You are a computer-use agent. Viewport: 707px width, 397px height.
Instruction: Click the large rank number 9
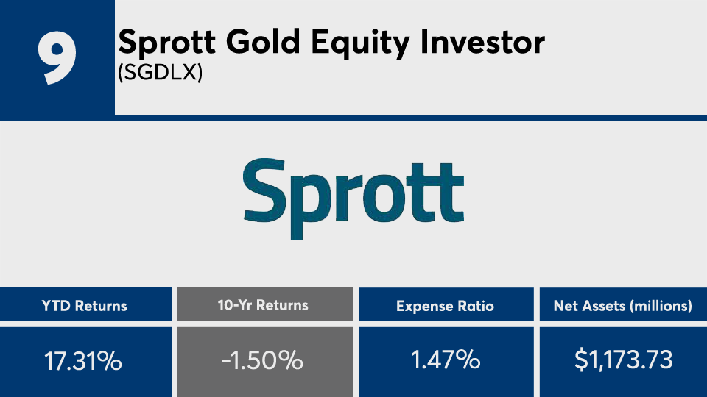click(57, 58)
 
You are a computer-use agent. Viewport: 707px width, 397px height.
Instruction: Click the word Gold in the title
click(263, 42)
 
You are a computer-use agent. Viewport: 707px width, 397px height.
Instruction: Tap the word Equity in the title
click(360, 43)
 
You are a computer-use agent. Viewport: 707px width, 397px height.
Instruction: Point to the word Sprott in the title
click(167, 43)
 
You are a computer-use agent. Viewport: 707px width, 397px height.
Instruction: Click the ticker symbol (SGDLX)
click(160, 72)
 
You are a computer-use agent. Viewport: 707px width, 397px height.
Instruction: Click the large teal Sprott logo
click(353, 198)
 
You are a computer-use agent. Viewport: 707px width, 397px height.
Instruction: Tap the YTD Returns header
click(84, 306)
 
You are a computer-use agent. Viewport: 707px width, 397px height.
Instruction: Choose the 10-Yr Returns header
click(263, 305)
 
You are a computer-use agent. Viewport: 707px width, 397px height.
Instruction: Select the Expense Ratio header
click(445, 306)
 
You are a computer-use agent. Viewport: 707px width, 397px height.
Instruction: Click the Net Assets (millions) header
click(623, 306)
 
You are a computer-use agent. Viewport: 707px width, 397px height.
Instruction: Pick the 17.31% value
click(83, 361)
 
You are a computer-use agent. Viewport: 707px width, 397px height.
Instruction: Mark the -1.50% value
click(262, 360)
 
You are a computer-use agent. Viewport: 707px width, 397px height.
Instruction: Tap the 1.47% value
click(446, 360)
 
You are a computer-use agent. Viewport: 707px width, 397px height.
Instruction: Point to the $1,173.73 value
click(624, 360)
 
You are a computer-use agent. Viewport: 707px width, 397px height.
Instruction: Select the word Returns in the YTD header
click(101, 306)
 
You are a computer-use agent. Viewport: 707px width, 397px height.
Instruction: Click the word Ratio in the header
click(476, 306)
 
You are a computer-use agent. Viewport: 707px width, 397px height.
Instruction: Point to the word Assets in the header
click(596, 306)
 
